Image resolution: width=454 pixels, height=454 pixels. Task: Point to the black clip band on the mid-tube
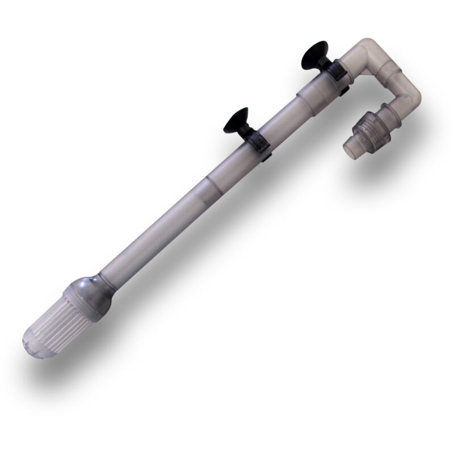click(257, 140)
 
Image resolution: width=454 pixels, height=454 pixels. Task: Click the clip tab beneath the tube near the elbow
click(343, 87)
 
